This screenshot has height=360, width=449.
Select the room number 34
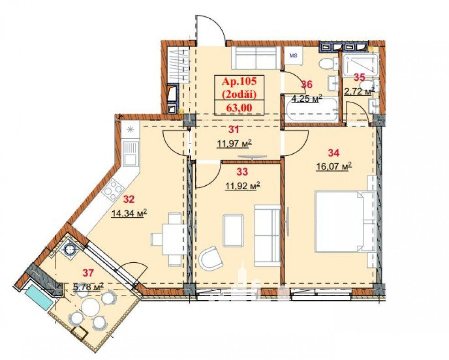[334, 153]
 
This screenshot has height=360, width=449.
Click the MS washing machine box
[293, 56]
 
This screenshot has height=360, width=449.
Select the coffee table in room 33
[233, 230]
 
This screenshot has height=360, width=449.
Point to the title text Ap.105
[240, 82]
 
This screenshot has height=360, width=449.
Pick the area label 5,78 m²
[89, 287]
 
